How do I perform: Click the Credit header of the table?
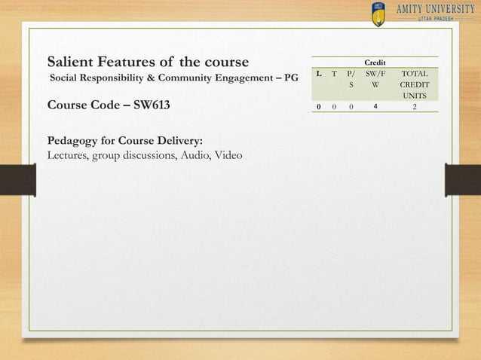374,62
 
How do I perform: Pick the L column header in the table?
320,75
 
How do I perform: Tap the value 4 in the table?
375,107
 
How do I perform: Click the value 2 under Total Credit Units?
414,107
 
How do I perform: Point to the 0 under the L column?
320,107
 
